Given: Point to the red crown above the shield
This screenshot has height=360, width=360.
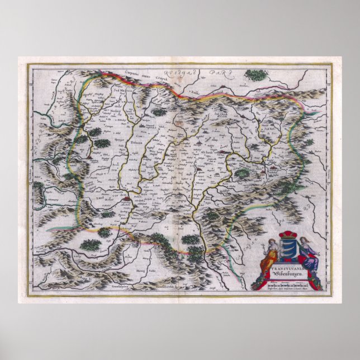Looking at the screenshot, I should [289, 235].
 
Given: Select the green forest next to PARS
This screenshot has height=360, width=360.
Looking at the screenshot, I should [255, 75].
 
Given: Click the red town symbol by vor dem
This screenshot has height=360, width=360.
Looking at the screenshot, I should [127, 197].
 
